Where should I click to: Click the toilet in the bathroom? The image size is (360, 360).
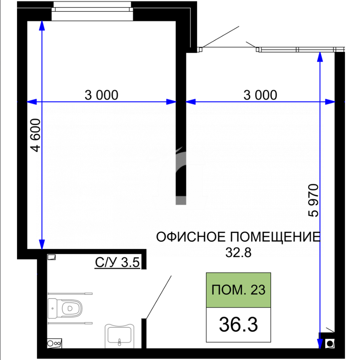click(x=65, y=308)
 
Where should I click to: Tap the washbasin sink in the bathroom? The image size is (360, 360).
click(x=119, y=335)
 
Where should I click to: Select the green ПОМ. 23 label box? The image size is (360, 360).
click(x=238, y=290)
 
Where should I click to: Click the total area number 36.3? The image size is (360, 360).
click(x=238, y=324)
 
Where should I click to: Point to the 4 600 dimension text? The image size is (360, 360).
click(x=36, y=135)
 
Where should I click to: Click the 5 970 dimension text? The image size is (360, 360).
click(x=313, y=201)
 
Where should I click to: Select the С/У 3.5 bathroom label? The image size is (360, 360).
click(x=118, y=262)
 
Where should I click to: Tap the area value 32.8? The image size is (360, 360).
click(x=238, y=252)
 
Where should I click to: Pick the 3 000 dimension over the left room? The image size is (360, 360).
click(x=101, y=95)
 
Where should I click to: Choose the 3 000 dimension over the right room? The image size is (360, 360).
click(x=260, y=95)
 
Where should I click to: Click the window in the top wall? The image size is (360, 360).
click(x=92, y=11)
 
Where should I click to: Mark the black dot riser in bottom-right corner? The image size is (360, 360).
click(x=330, y=344)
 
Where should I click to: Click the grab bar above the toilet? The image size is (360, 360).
click(x=70, y=294)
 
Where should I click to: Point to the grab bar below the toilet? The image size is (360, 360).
click(x=70, y=323)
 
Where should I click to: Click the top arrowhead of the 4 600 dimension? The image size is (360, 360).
click(x=42, y=25)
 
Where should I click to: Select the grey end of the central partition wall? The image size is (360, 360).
click(x=181, y=200)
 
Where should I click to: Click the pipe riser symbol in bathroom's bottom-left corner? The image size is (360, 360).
click(x=54, y=343)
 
